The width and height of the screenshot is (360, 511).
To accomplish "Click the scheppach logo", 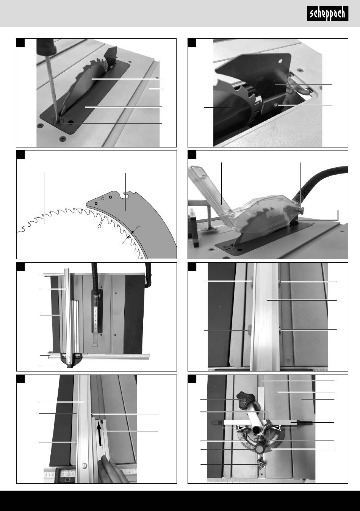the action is [x=327, y=14].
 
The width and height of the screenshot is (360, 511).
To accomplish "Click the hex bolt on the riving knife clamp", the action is [x=275, y=105].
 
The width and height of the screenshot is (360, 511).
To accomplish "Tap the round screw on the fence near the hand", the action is [x=84, y=464].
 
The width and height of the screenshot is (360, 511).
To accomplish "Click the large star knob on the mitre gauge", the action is [x=244, y=399].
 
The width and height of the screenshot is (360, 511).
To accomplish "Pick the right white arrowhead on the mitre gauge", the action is [x=277, y=428].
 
